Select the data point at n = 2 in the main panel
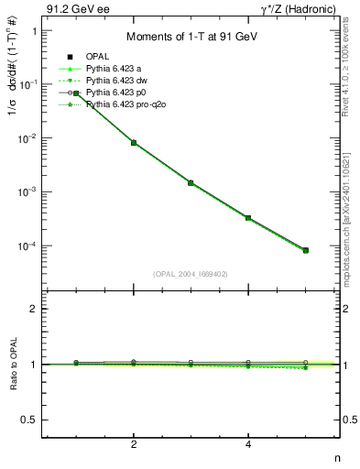pyautogui.click(x=134, y=143)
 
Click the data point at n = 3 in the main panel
pyautogui.click(x=191, y=183)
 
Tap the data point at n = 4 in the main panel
pyautogui.click(x=248, y=218)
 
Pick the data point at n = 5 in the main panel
pyautogui.click(x=305, y=250)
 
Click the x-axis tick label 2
pyautogui.click(x=134, y=445)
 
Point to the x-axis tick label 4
pyautogui.click(x=248, y=445)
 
